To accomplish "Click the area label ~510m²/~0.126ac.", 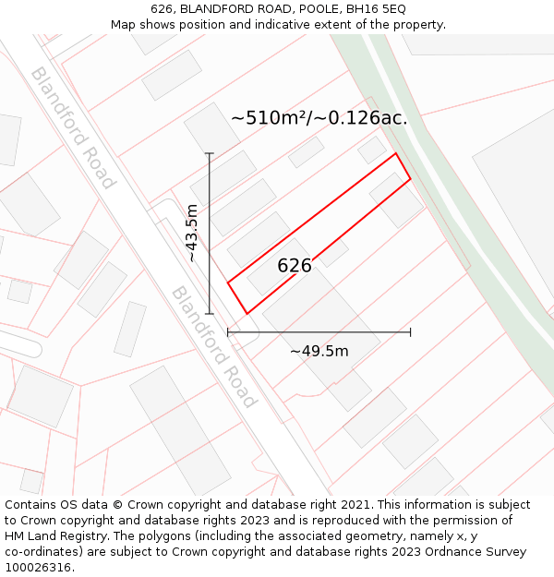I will (x=319, y=118).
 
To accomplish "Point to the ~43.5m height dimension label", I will (x=192, y=233).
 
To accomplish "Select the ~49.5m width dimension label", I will (x=319, y=351).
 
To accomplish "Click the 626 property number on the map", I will (x=295, y=266).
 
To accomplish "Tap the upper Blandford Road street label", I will (x=72, y=127).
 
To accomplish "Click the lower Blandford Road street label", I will (x=213, y=346).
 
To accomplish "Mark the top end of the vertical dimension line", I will (x=210, y=153).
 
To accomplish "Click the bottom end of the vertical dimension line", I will (x=210, y=314).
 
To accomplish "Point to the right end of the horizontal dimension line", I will (x=411, y=331).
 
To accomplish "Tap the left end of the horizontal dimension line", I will (x=228, y=331).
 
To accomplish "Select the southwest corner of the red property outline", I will (x=247, y=314).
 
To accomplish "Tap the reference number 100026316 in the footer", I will (x=39, y=568).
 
